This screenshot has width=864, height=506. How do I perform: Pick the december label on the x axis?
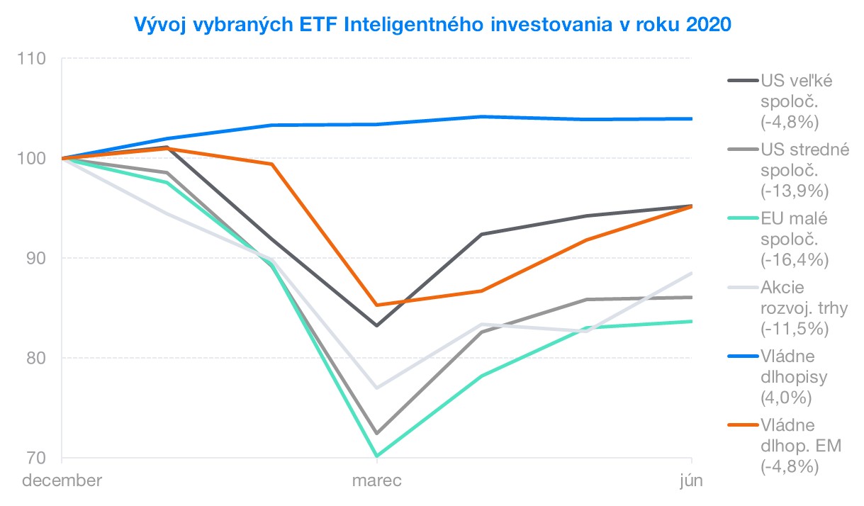point(62,480)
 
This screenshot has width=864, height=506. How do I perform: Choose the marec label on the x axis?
point(377,480)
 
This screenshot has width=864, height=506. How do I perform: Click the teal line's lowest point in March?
point(377,456)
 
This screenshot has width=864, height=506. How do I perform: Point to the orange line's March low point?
point(377,305)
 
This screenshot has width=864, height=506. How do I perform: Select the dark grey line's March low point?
point(377,325)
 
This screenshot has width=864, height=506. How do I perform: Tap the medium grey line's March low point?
point(377,433)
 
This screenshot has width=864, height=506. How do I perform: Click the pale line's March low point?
point(377,388)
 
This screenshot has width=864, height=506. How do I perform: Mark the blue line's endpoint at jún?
point(691,118)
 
